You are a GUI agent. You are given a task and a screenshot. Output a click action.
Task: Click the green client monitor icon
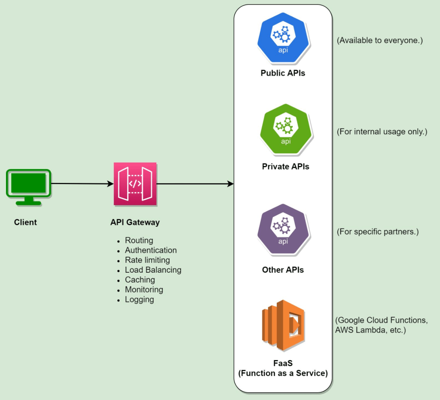pos(28,187)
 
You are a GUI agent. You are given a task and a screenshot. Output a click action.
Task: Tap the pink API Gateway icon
pos(135,184)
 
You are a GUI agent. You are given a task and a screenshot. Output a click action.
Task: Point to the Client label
pos(25,222)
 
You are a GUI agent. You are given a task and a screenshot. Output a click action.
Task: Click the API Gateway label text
pos(135,222)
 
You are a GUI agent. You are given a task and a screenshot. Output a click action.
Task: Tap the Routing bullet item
pos(139,240)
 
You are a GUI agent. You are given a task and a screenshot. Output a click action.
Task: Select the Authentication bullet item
pos(151,250)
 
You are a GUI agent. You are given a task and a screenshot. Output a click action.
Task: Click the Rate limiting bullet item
pos(147,260)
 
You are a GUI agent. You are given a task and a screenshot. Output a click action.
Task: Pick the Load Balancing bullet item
pos(153,270)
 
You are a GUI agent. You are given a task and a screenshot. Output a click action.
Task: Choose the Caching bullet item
pos(140,280)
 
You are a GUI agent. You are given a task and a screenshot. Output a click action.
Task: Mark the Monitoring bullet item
pos(144,290)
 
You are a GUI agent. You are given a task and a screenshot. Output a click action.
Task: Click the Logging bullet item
pos(139,300)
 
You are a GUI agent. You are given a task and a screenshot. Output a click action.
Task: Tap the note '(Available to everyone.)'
pos(380,41)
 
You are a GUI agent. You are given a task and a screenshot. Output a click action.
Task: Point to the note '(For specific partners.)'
pos(378,232)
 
